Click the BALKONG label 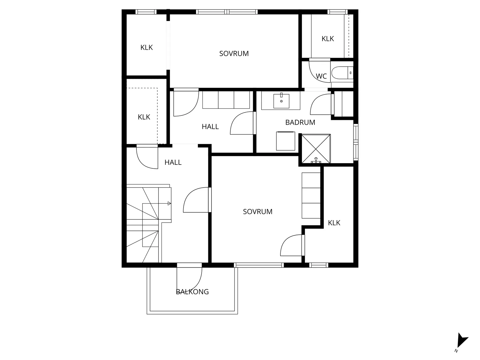[192, 292]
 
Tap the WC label [321, 76]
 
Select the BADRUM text [300, 122]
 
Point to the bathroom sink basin [281, 101]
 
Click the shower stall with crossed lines [316, 148]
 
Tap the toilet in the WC [340, 73]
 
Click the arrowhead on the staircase [169, 204]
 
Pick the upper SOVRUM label [234, 54]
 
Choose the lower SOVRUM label [257, 212]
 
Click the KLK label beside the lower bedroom [334, 223]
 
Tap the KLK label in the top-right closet [328, 39]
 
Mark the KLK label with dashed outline [144, 117]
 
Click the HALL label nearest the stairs [173, 163]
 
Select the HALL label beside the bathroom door [210, 127]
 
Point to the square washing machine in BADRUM [285, 141]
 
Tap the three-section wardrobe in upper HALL [226, 100]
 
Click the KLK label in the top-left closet [146, 47]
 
